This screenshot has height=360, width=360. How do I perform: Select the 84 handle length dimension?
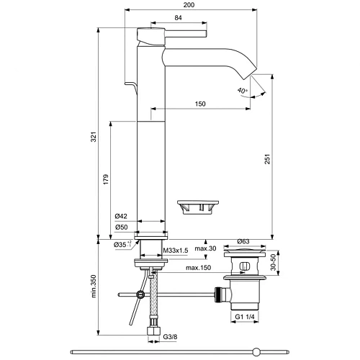tap(177, 19)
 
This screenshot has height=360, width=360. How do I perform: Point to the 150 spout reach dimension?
tap(201, 104)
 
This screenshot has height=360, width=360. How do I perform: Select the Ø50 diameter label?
tap(120, 228)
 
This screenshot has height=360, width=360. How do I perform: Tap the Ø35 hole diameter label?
tap(122, 245)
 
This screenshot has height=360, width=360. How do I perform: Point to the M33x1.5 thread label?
tap(176, 249)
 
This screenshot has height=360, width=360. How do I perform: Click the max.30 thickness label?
tap(205, 249)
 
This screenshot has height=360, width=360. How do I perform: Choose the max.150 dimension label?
tap(199, 269)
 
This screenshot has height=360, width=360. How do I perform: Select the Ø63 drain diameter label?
tap(243, 241)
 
